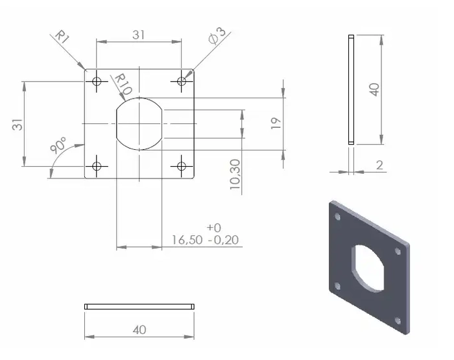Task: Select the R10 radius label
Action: pyautogui.click(x=123, y=83)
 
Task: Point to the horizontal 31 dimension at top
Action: pyautogui.click(x=139, y=35)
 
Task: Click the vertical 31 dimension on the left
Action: pyautogui.click(x=18, y=123)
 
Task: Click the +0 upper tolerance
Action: pyautogui.click(x=213, y=228)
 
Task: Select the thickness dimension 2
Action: pyautogui.click(x=379, y=166)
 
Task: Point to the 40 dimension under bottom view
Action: pyautogui.click(x=139, y=330)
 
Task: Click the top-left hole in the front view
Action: pyautogui.click(x=97, y=82)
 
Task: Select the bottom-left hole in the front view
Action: pyautogui.click(x=97, y=166)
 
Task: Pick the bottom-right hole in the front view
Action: pyautogui.click(x=182, y=166)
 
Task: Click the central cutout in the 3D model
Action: pyautogui.click(x=368, y=265)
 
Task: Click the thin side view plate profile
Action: pyautogui.click(x=351, y=89)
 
